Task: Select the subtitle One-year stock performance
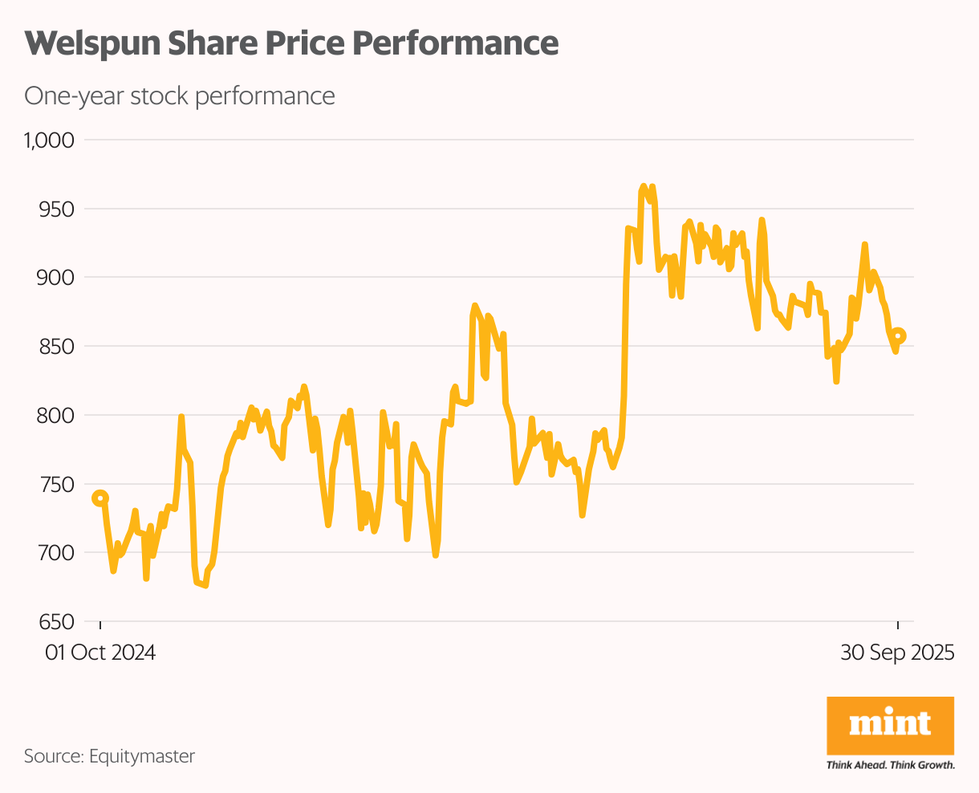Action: click(180, 96)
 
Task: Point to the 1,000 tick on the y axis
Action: click(49, 140)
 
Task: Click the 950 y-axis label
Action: click(57, 209)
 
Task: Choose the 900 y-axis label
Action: click(57, 278)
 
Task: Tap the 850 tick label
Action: click(57, 347)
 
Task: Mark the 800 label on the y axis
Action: click(57, 416)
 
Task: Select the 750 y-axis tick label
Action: click(57, 485)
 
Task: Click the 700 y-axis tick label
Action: click(57, 553)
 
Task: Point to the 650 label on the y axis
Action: click(57, 622)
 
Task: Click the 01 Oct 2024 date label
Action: click(100, 653)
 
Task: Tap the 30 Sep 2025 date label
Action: click(897, 653)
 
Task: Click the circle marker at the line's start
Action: click(100, 498)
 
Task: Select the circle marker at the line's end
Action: click(899, 335)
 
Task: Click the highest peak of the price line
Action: click(644, 185)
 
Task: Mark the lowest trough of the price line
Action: click(205, 586)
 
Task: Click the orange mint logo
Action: click(890, 725)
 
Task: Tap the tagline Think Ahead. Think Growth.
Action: click(890, 765)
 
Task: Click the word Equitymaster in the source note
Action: click(142, 756)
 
